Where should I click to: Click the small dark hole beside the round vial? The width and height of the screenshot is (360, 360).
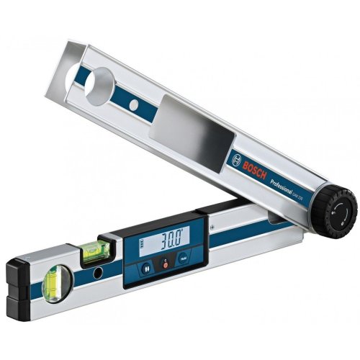pyautogui.click(x=96, y=274)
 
